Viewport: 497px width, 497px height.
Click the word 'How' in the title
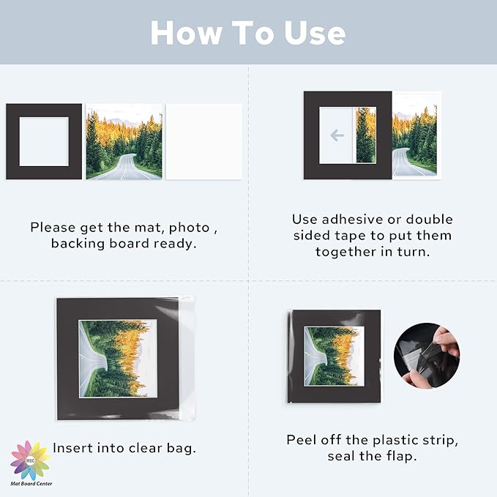pos(186,33)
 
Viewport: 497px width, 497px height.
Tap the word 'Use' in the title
pos(315,33)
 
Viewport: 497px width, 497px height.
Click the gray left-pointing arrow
pos(337,135)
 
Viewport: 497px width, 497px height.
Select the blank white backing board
pos(203,141)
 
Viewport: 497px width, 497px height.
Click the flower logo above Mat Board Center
pos(31,460)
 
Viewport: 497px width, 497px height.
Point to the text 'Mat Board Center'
pos(31,484)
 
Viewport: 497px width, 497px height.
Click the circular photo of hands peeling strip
pos(427,356)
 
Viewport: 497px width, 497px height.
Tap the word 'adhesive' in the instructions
pos(353,220)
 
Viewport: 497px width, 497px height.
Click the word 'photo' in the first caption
pos(190,228)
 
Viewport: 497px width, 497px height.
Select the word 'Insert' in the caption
pos(72,448)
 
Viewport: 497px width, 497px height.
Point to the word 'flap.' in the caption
pos(401,456)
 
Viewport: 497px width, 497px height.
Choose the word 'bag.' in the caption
pos(182,448)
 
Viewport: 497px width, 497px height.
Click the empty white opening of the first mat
pos(44,141)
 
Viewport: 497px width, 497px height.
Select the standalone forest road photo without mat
pos(124,141)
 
